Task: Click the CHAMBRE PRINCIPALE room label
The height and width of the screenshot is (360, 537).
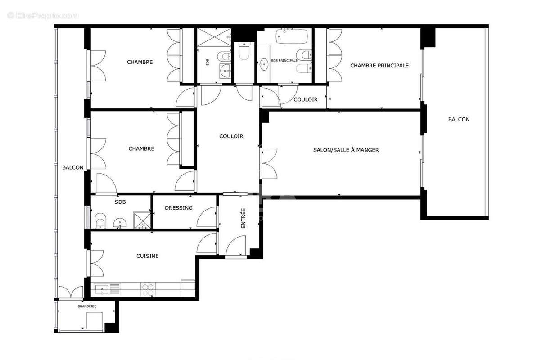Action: (379, 65)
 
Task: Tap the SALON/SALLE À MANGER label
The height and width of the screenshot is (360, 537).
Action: (346, 150)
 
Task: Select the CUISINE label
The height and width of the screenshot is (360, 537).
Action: (147, 256)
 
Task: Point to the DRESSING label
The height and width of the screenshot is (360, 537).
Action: (178, 208)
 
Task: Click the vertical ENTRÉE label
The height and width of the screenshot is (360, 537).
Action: (243, 218)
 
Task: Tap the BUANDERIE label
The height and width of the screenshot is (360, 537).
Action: (87, 306)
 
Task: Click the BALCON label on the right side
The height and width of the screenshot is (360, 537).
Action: (459, 120)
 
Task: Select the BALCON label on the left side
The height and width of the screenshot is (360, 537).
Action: (72, 167)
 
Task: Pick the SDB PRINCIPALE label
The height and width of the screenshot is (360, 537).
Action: (284, 61)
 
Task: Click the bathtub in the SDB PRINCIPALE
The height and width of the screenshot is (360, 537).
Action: (292, 36)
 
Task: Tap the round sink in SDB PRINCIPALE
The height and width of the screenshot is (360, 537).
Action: (264, 64)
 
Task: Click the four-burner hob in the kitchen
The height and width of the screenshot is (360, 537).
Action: (148, 289)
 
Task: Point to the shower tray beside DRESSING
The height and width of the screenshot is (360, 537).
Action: (142, 220)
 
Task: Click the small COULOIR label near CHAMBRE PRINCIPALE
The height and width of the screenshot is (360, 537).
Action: (306, 99)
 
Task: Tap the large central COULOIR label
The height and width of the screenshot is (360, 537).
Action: (231, 136)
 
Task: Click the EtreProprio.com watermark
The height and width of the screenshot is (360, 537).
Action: (43, 15)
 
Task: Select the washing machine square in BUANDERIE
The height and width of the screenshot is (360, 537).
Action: (95, 320)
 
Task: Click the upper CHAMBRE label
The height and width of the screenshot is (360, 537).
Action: (140, 62)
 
